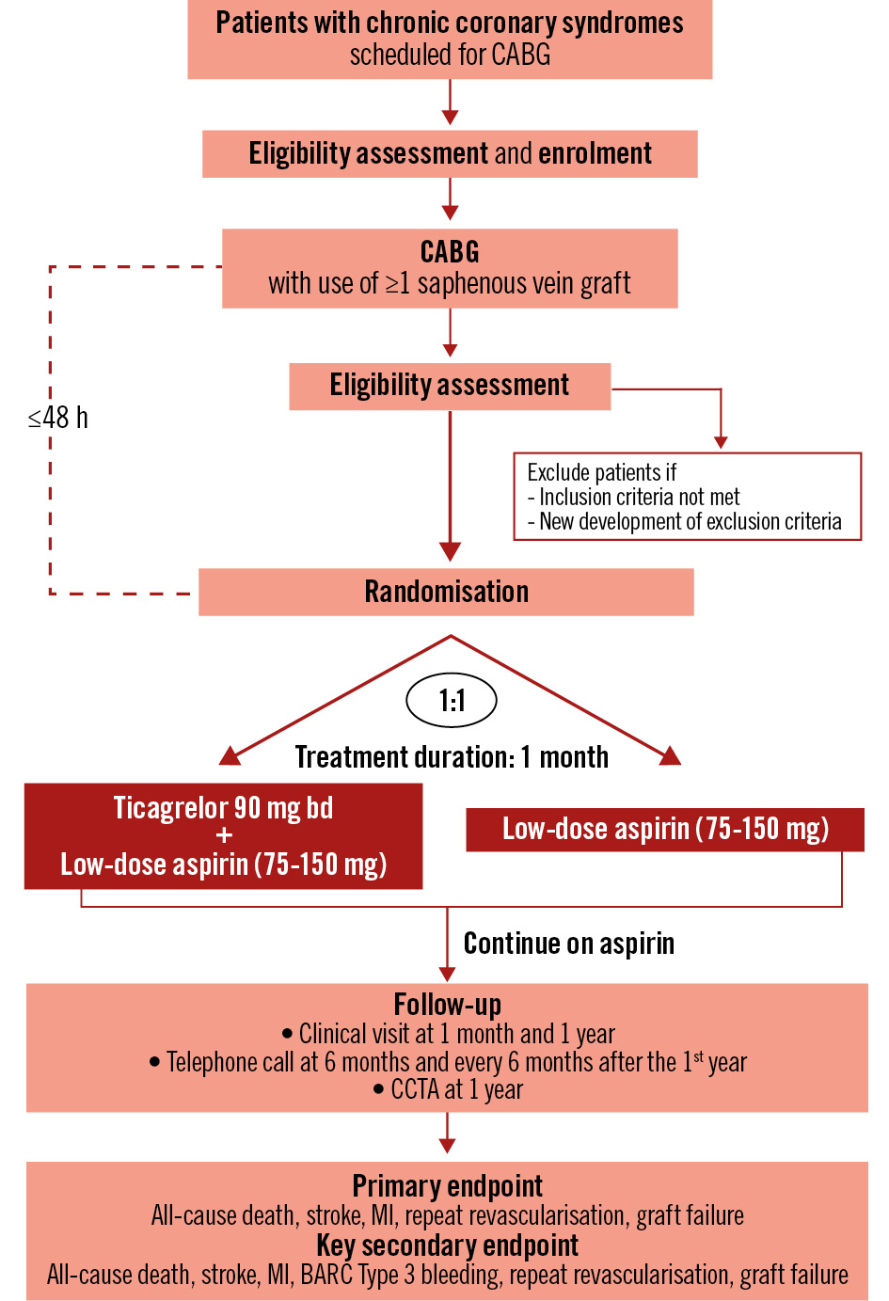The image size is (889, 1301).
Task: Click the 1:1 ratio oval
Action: pos(452,701)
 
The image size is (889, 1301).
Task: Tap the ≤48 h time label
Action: pos(58,418)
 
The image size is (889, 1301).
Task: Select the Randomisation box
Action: pos(446,592)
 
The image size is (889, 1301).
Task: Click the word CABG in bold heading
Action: pos(450,252)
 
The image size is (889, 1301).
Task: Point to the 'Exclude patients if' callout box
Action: pos(687,497)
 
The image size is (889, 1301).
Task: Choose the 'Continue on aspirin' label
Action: pos(568,944)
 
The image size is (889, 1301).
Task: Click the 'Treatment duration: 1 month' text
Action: pos(452,757)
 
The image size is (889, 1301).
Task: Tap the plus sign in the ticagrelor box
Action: pos(224,835)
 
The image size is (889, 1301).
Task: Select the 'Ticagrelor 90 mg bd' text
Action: pos(223,808)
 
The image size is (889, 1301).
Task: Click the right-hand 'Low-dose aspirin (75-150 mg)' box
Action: pos(665,829)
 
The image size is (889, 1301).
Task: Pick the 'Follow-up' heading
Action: pos(447,1005)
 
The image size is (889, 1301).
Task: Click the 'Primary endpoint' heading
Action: pos(447,1185)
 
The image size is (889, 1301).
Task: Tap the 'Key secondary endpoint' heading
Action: pos(447,1245)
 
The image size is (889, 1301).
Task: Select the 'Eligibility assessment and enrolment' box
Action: pos(450,153)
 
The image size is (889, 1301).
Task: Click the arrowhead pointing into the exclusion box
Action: pos(721,442)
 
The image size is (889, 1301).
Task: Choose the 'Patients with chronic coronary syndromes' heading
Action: pos(450,23)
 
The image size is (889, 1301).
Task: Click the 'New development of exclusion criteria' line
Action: pos(690,521)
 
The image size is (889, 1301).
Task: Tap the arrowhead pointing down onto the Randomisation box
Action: pos(450,551)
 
